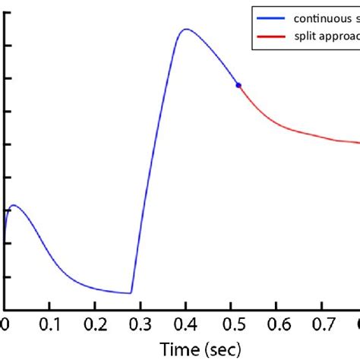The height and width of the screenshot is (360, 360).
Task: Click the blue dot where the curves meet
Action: [238, 85]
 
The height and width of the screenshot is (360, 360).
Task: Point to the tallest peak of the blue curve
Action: [185, 30]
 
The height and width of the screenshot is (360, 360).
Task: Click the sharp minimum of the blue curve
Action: [131, 293]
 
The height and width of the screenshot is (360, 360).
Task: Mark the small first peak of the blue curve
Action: [13, 205]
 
